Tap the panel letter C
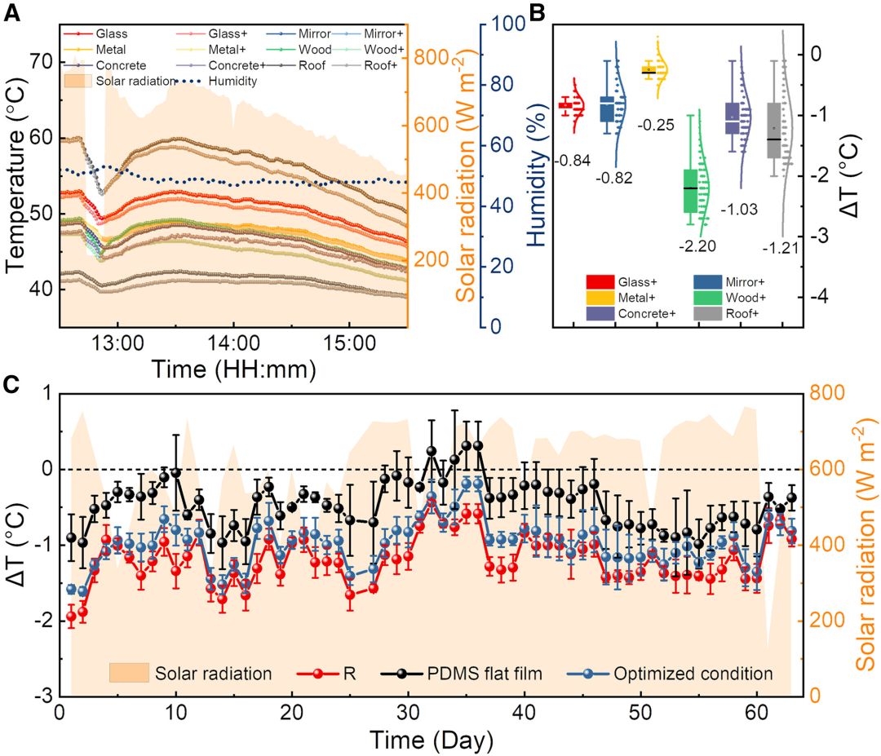coord(14,383)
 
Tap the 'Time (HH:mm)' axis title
coord(232,369)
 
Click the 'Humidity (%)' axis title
coord(536,175)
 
